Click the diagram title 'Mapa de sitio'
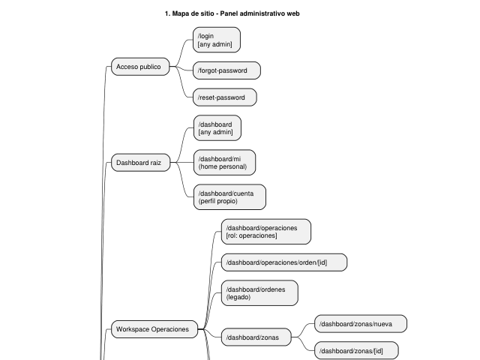(x=193, y=13)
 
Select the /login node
(x=217, y=40)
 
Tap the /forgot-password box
(x=226, y=70)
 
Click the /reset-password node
(x=225, y=97)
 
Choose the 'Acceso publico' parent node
(x=140, y=67)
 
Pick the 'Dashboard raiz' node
(x=140, y=163)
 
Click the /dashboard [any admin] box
(x=217, y=128)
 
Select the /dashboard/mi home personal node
(x=225, y=163)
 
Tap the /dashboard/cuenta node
(x=229, y=197)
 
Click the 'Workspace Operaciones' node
(x=154, y=329)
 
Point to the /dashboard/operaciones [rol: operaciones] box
(x=266, y=232)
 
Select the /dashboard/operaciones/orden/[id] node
(x=284, y=262)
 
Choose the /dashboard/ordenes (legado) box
(x=259, y=293)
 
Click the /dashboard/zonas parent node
(x=256, y=337)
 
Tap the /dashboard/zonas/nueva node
(x=361, y=323)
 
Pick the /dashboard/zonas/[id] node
(x=356, y=350)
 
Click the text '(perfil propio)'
(x=218, y=201)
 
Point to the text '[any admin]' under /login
(x=215, y=44)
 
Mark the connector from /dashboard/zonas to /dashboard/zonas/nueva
(x=303, y=331)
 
